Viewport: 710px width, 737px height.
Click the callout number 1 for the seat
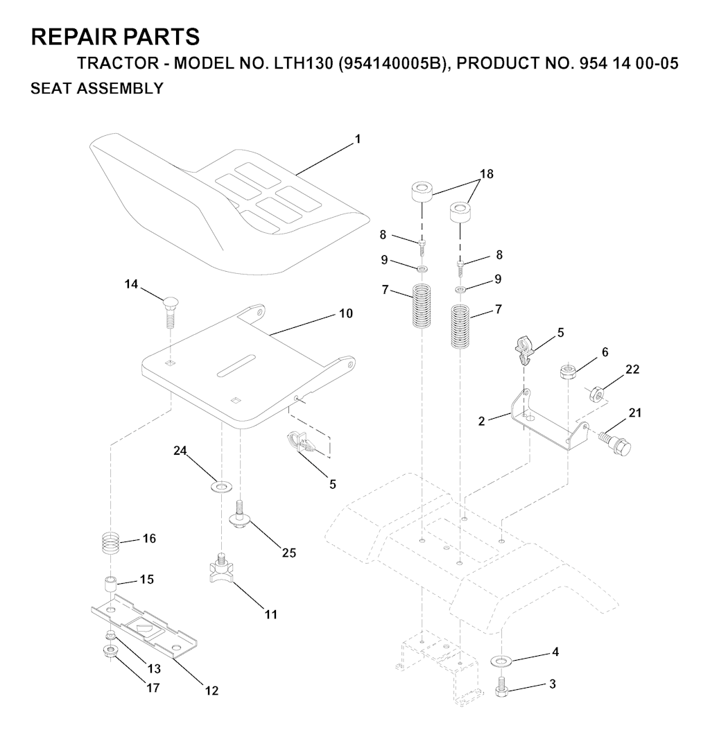pos(358,139)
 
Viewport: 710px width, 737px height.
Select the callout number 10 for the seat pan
pos(345,313)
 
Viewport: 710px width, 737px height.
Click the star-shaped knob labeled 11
pos(219,569)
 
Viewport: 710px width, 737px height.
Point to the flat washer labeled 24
pos(220,486)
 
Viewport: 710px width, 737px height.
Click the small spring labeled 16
pos(112,544)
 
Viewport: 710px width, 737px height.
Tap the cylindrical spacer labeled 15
pos(110,584)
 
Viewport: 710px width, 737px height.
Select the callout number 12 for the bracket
pos(211,691)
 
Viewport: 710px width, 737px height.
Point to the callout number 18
pos(486,174)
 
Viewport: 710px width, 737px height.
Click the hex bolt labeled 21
pos(614,442)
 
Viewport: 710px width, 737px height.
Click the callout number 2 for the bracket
pos(481,421)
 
